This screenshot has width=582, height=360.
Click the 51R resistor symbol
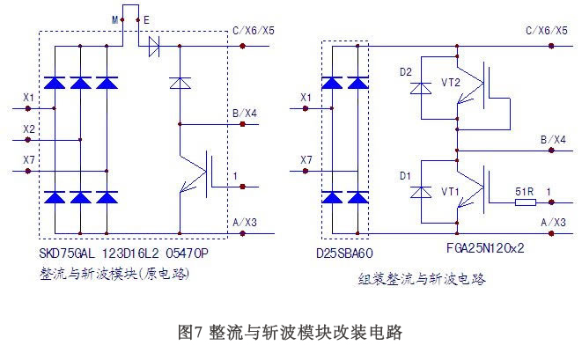click(525, 203)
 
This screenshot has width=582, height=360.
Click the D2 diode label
click(406, 73)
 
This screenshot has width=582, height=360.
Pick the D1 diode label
click(406, 175)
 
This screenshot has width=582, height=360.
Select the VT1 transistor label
click(450, 190)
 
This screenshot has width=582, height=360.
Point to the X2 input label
click(28, 129)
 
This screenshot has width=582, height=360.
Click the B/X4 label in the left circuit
click(243, 113)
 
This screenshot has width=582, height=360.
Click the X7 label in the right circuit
click(306, 159)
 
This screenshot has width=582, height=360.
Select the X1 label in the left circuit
click(28, 97)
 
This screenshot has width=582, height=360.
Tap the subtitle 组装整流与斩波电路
click(422, 279)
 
